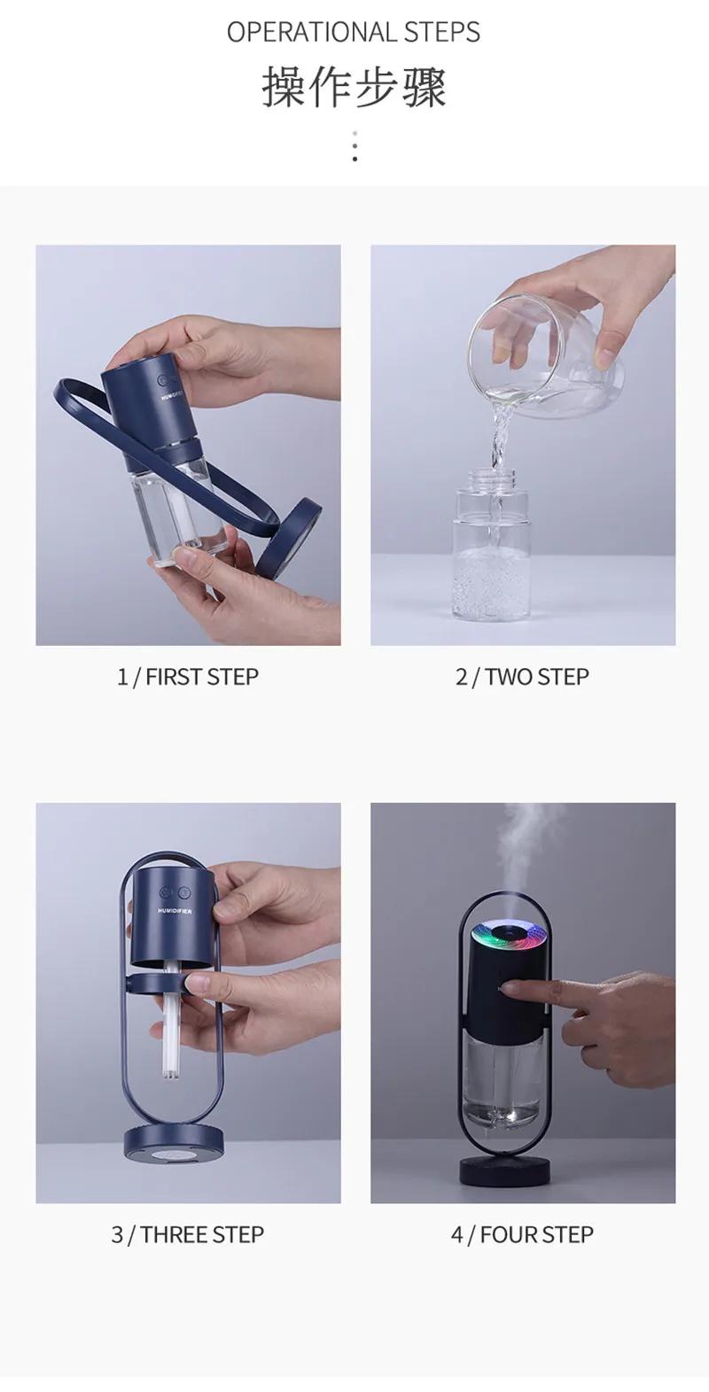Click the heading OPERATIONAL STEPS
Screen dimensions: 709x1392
(x=354, y=32)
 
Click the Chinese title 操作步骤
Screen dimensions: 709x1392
(x=354, y=88)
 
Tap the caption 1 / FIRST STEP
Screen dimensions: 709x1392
(x=188, y=677)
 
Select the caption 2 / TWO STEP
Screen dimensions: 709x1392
(x=522, y=677)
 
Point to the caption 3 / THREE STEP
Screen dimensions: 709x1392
(x=188, y=1234)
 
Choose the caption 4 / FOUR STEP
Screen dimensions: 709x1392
(x=522, y=1234)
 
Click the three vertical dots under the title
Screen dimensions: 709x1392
(x=354, y=146)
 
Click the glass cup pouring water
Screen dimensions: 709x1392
(x=546, y=355)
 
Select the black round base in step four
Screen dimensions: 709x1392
(x=504, y=1171)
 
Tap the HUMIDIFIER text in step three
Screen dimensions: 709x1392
(x=175, y=911)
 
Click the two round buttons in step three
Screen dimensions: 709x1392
(x=174, y=893)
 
